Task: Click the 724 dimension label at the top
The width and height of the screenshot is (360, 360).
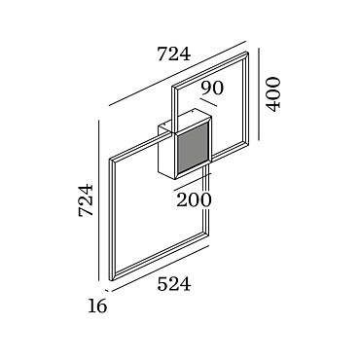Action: (173, 54)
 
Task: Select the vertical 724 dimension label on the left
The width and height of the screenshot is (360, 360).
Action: (87, 200)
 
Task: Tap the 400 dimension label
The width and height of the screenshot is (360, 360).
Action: (272, 94)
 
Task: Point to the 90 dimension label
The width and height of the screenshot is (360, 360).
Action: (212, 88)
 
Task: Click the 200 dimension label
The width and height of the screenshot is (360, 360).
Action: (194, 200)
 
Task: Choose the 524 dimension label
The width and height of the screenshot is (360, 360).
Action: (174, 284)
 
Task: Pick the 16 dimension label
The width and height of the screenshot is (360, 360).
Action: (97, 306)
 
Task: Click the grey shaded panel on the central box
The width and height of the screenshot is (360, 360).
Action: (192, 148)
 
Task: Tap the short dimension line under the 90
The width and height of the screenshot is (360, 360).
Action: (208, 102)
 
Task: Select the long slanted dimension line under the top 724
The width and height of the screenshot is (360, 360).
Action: (178, 73)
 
